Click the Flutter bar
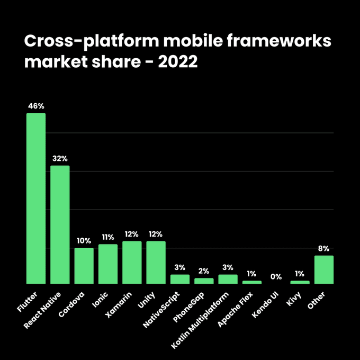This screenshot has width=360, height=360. point(36,199)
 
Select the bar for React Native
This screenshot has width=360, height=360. point(60,224)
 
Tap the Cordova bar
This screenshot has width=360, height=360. point(84,266)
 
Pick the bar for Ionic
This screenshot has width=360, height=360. point(108,264)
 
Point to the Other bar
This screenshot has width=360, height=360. point(324,269)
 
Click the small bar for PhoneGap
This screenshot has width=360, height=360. point(204,281)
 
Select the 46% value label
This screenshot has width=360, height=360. point(36,106)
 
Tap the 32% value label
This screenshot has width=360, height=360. point(60,158)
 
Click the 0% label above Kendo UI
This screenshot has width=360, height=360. point(276,276)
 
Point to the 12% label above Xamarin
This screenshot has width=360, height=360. point(132,234)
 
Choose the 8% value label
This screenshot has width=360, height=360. point(324,248)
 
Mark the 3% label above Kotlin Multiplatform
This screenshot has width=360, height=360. point(228,267)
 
